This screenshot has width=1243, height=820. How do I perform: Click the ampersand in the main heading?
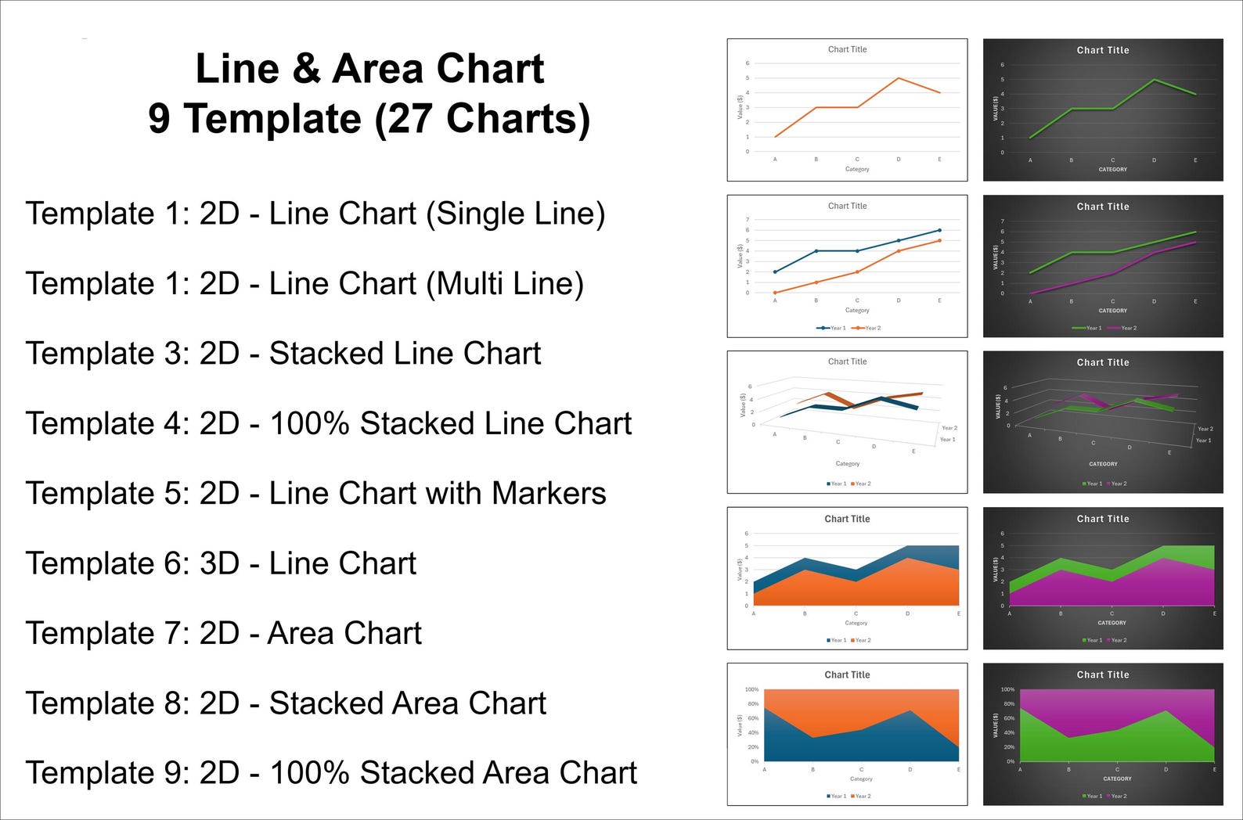[x=306, y=69]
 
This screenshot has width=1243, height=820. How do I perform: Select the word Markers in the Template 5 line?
[x=549, y=494]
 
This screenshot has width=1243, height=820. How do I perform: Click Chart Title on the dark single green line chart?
[x=1102, y=50]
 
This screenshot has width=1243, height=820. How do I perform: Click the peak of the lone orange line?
[x=899, y=78]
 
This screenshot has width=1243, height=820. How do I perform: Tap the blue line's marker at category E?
[x=939, y=230]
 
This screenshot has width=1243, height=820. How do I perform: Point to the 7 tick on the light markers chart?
[x=748, y=220]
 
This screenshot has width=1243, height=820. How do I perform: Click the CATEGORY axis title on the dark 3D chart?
[x=1103, y=464]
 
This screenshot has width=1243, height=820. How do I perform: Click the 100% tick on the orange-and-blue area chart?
[x=751, y=689]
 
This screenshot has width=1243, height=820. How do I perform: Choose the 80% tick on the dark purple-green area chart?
[x=1008, y=704]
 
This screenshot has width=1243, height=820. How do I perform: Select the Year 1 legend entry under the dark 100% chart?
[x=1091, y=796]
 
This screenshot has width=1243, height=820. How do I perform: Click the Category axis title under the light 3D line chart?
[x=847, y=463]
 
